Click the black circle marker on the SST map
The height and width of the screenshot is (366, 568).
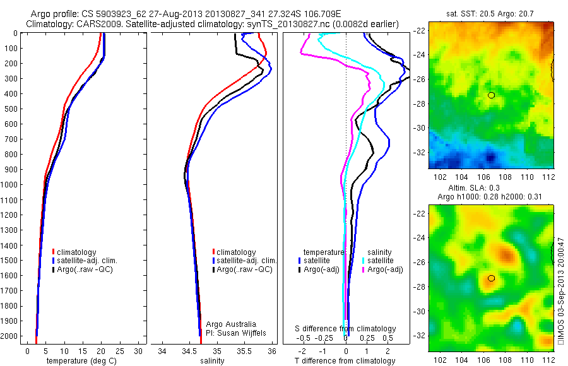(x=491, y=95)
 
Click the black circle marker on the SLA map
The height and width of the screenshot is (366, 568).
(x=491, y=278)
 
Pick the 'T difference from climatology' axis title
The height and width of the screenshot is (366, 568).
(x=345, y=361)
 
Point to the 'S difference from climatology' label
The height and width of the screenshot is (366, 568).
(x=346, y=329)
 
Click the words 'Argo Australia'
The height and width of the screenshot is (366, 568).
(x=231, y=324)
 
